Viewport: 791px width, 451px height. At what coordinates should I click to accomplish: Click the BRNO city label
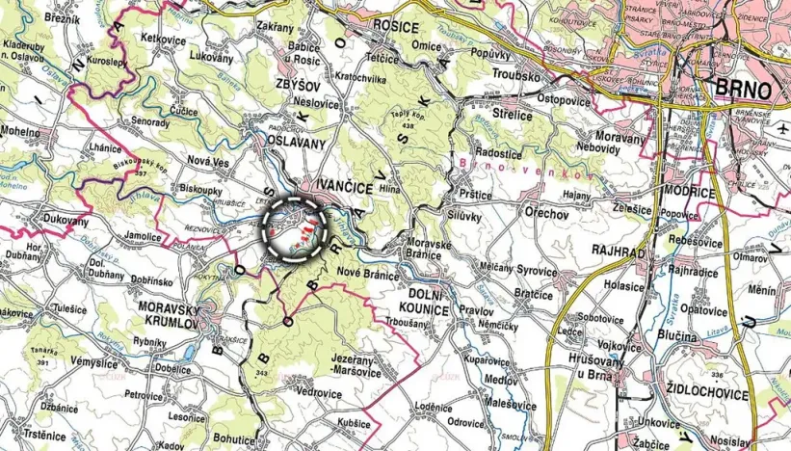(745, 90)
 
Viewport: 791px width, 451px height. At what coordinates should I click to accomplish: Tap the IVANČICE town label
(337, 187)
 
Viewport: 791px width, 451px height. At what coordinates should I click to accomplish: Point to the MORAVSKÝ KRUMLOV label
(169, 315)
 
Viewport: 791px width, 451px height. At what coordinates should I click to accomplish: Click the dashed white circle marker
(296, 228)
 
